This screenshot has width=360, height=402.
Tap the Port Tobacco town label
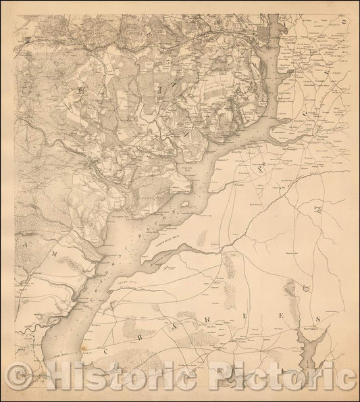(x=309, y=329)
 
